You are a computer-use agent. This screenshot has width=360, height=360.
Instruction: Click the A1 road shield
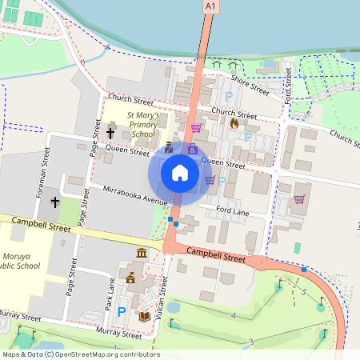[x=210, y=6]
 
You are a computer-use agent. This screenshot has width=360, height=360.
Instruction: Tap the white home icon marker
[x=180, y=172]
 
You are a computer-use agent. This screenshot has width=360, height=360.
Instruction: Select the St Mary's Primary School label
[x=142, y=125]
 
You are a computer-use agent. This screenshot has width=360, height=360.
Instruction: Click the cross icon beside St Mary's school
[x=110, y=133]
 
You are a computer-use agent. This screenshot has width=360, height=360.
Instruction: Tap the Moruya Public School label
[x=22, y=261]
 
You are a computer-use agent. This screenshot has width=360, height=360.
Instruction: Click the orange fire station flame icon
[x=234, y=124]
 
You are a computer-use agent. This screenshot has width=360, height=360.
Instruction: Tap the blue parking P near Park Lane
[x=122, y=311]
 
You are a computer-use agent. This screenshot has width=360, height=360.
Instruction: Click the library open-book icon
[x=145, y=318]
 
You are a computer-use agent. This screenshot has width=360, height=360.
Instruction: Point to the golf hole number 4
[x=232, y=317]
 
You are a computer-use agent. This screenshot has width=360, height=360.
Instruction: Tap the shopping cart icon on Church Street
[x=196, y=126]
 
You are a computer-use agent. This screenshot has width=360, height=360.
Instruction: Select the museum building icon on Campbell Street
[x=142, y=254]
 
